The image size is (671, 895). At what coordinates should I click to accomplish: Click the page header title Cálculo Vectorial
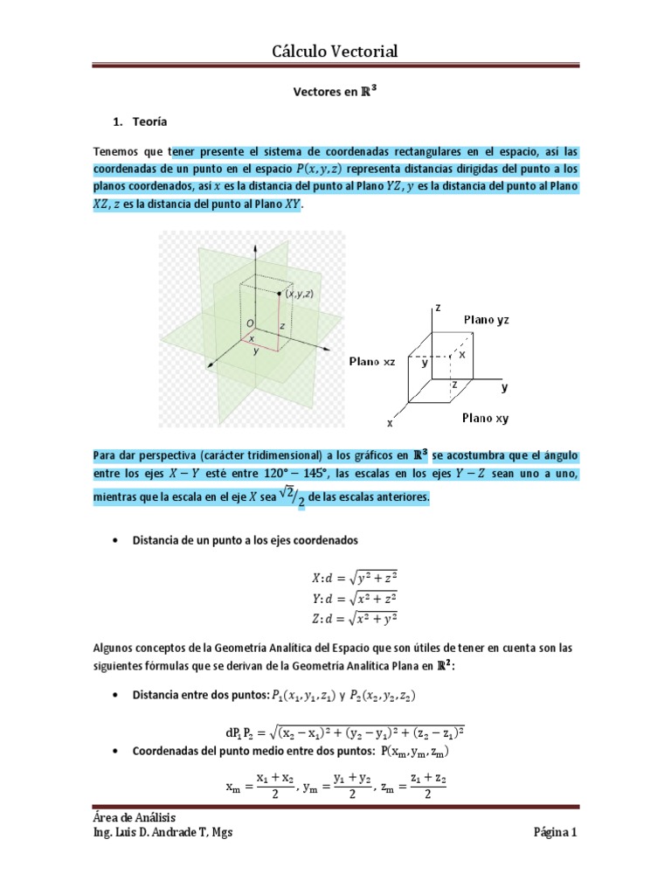tap(335, 52)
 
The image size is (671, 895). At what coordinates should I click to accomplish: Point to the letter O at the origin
tap(250, 323)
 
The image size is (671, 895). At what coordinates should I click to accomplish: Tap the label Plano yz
tap(486, 320)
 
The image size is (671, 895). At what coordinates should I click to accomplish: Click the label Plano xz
tap(372, 361)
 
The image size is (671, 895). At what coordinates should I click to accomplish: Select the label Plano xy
tap(485, 418)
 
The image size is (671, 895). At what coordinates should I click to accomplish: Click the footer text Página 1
tap(556, 832)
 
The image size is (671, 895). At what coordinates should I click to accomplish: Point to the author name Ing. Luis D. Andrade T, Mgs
tap(163, 832)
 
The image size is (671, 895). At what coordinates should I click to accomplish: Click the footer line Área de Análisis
tap(129, 816)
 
